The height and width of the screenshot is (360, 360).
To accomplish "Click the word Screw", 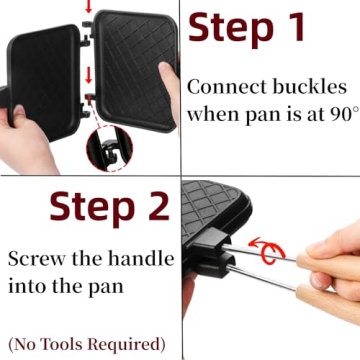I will pos(34,258).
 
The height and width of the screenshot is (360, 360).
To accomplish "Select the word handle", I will pos(138,258).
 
